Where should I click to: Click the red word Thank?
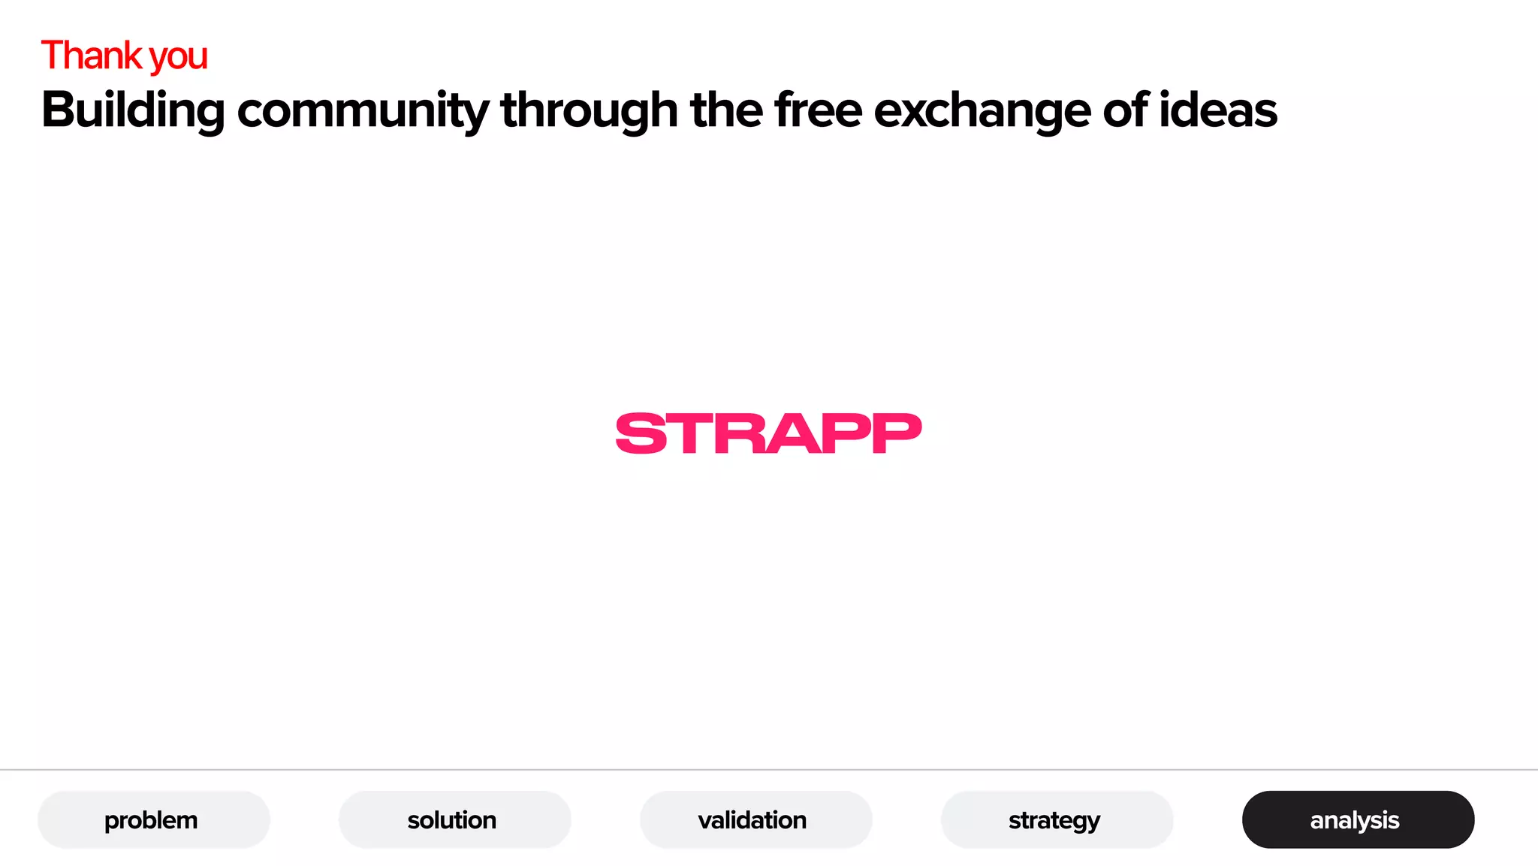[x=91, y=56]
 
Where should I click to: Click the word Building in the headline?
[x=133, y=110]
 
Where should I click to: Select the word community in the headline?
[x=363, y=110]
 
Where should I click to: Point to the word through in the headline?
[x=589, y=110]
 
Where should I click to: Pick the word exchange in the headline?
[x=982, y=110]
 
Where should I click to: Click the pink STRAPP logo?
[x=768, y=433]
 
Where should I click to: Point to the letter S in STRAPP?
[x=642, y=433]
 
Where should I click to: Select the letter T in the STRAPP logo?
[x=691, y=434]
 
